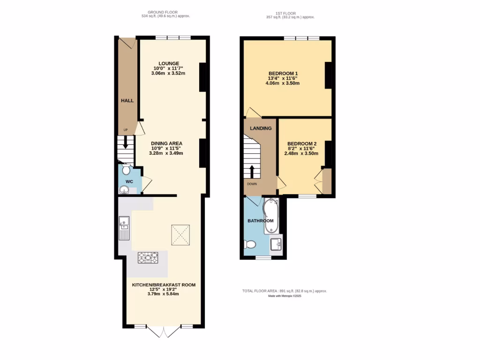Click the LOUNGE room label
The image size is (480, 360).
[x=169, y=64]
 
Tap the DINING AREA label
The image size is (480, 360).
[x=166, y=143]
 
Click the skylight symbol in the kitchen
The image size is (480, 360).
[x=180, y=235]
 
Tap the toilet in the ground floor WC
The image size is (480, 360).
[x=126, y=169]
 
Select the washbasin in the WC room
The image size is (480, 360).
[x=124, y=189]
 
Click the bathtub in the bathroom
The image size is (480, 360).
[x=271, y=216]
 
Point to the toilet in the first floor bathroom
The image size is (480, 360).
[x=250, y=244]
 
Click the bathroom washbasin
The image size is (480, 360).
[x=276, y=243]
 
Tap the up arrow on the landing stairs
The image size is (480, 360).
[x=252, y=171]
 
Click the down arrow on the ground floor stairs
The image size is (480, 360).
[x=125, y=142]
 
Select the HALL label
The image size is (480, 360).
[x=127, y=101]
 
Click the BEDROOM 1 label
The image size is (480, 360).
[x=283, y=74]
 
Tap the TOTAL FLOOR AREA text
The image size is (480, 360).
[x=284, y=291]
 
